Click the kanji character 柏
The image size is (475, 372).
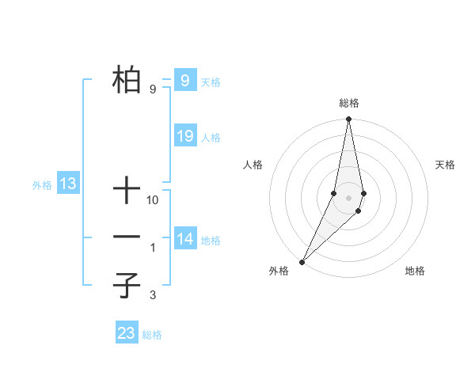pos(127,79)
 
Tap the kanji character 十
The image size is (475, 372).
pos(127,191)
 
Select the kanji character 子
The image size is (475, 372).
pos(127,286)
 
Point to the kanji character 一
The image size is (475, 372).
pos(127,237)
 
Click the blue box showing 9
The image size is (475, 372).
pos(184,80)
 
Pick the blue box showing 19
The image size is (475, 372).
pos(184,136)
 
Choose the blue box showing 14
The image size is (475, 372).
pos(184,239)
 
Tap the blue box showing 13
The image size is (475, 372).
pos(68,184)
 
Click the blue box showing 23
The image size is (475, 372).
pos(127,333)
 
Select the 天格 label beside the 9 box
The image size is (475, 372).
pos(211,82)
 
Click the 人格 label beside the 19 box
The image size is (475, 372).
pos(211,138)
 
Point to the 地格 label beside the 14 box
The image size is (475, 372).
pos(211,241)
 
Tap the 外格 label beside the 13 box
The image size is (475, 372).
pos(42,186)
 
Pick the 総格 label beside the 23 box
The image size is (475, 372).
pos(152,335)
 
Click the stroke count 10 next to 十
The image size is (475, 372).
pos(153,200)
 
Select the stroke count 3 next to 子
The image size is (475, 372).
pos(152,296)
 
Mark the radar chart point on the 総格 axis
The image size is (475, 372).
pos(348,120)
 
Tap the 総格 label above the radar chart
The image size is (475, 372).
pos(348,103)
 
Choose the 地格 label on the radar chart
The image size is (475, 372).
pos(415,271)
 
